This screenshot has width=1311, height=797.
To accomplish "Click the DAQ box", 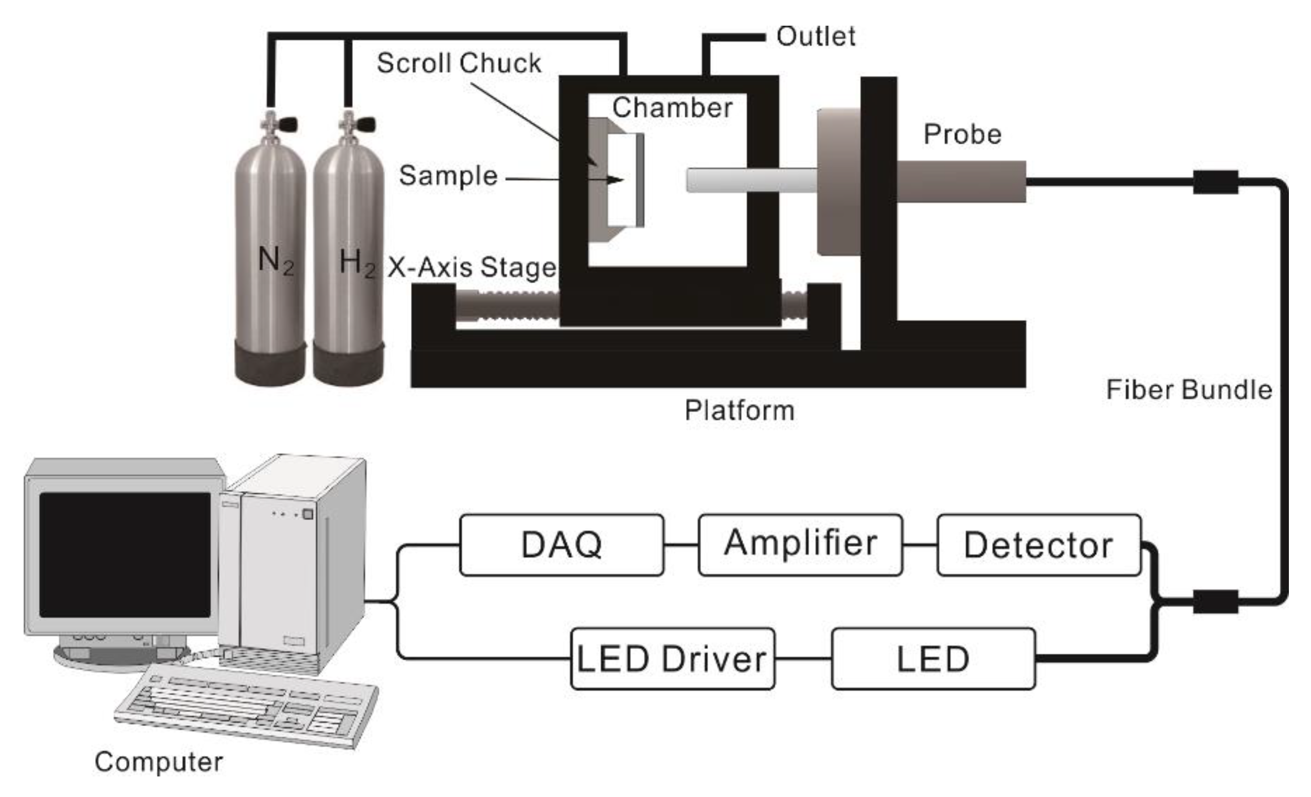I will [561, 545].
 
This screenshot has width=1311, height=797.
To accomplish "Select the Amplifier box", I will [800, 545].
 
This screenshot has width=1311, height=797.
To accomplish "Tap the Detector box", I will [1038, 545].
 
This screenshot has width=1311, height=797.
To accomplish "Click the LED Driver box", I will [672, 659].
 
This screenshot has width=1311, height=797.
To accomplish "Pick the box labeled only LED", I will [932, 659].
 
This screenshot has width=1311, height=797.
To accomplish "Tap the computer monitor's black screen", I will [125, 554].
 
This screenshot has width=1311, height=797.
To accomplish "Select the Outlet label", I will [815, 36].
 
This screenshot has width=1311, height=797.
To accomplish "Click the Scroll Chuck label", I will [459, 63].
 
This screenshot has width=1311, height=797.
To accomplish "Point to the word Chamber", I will [672, 107].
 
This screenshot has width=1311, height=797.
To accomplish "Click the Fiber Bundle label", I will [1189, 390].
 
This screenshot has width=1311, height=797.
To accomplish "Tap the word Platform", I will [739, 410].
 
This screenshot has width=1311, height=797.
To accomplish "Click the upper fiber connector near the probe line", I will [1215, 182].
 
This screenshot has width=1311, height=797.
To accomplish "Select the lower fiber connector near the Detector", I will [1215, 601].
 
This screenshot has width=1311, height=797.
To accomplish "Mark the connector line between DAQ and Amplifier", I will [680, 545].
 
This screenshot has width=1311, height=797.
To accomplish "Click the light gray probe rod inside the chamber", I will [750, 180].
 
